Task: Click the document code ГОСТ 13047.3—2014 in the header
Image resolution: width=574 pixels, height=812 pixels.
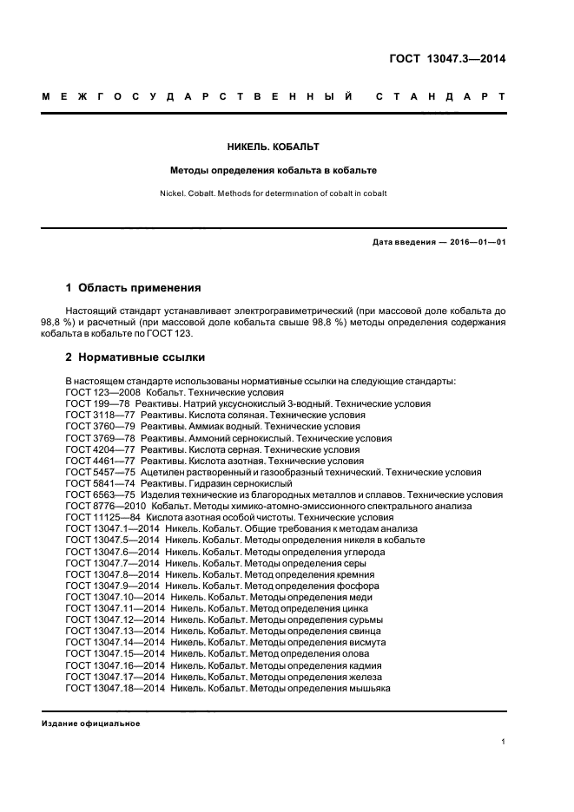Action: coord(446,59)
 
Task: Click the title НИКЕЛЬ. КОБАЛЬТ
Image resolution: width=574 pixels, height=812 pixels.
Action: coord(273,147)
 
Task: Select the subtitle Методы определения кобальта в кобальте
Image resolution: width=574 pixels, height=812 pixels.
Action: coord(273,171)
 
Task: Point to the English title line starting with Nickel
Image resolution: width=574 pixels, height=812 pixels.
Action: coord(273,193)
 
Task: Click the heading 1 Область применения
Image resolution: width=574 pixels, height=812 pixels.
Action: coord(134,287)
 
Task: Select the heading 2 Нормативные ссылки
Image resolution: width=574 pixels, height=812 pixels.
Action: coord(135,357)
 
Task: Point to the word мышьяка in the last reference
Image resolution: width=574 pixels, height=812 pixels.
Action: coord(368,688)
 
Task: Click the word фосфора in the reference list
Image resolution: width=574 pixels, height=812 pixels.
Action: coord(358,586)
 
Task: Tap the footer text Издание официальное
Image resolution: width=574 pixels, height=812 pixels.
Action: coord(91,723)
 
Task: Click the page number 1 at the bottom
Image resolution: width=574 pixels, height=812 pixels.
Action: coord(504,742)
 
